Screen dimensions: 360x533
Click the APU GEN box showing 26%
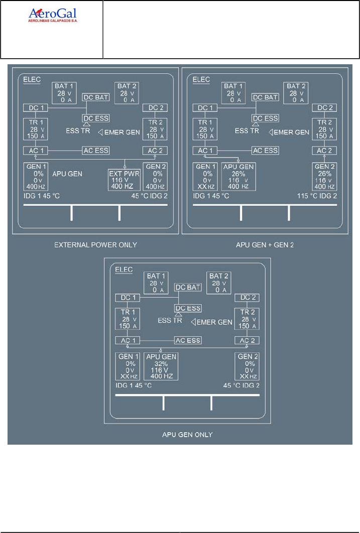coord(239,176)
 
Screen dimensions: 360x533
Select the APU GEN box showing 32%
coord(162,366)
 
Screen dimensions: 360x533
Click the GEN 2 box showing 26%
coord(324,176)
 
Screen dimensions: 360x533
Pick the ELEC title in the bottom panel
coord(124,269)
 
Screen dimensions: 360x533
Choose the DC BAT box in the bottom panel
coord(188,288)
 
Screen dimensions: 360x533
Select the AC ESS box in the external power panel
coord(95,151)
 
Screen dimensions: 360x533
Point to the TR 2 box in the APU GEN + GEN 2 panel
coord(324,129)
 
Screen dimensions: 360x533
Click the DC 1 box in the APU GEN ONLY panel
coord(128,298)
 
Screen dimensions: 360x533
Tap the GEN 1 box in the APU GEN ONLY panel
coord(128,366)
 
